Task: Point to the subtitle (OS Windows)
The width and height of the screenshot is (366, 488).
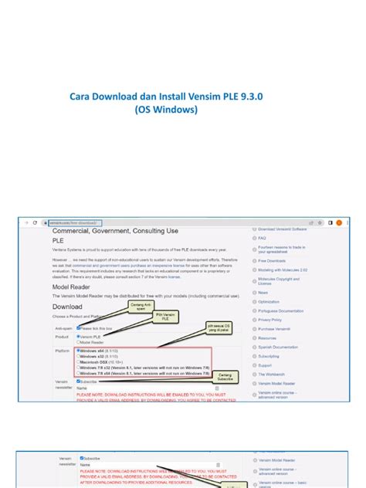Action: click(166, 110)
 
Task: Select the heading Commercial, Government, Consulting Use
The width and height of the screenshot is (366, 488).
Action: click(115, 231)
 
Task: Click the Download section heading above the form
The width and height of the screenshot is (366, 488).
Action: click(67, 306)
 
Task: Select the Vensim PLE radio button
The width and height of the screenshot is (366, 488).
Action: click(78, 337)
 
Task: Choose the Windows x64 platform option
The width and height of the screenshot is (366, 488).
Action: click(78, 351)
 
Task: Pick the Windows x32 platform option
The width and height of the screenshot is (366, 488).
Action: click(78, 357)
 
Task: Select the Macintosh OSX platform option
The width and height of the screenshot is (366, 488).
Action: click(78, 362)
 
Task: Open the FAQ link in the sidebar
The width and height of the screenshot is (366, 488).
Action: click(262, 239)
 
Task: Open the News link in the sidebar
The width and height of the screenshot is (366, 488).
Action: click(263, 293)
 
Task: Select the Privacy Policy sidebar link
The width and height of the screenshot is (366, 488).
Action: click(270, 320)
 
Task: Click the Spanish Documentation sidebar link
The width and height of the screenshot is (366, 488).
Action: click(279, 347)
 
